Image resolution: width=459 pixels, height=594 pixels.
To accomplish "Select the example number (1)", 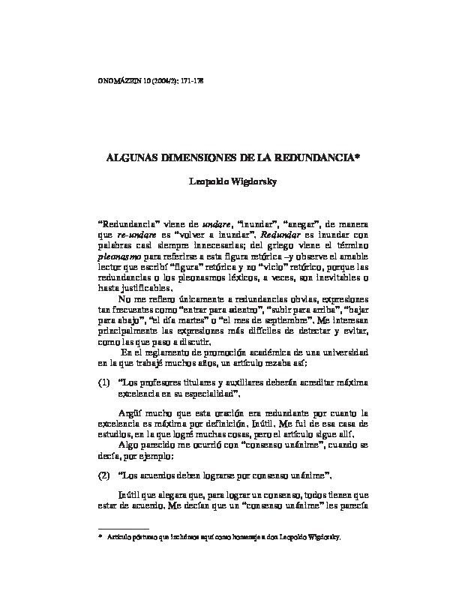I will click(x=104, y=382).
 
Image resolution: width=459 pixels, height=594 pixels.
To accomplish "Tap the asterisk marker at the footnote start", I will click(x=100, y=537).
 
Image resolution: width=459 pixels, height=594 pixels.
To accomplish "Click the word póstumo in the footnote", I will click(x=142, y=538).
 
